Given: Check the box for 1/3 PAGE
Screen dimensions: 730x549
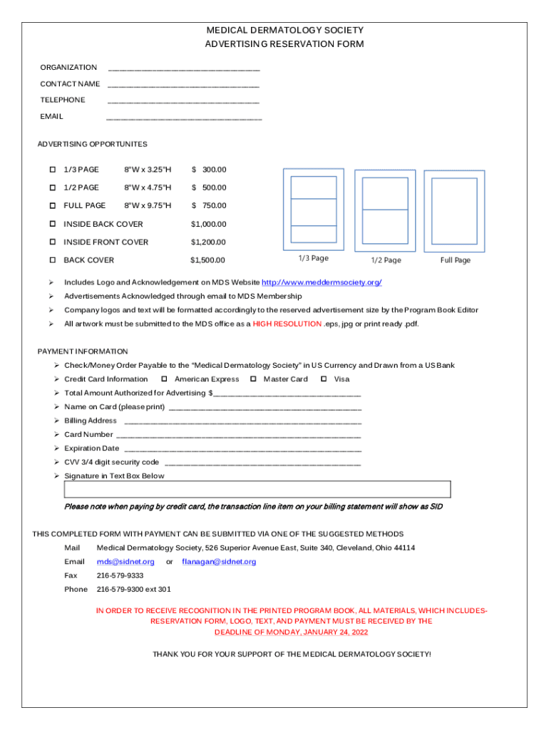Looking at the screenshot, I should tap(53, 170).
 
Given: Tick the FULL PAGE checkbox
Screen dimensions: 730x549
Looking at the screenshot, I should tap(53, 206).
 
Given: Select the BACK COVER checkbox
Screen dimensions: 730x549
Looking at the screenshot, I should tap(53, 260).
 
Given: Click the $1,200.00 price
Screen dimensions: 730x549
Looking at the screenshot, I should tap(208, 242).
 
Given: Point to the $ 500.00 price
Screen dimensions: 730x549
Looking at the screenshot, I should tap(209, 187).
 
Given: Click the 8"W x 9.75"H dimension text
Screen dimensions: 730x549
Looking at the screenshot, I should tap(148, 206).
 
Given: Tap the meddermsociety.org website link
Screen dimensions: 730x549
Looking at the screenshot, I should tap(322, 282).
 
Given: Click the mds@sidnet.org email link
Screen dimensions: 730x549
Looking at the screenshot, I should tap(125, 562).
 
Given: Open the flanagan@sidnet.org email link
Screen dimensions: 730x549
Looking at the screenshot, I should tap(219, 562).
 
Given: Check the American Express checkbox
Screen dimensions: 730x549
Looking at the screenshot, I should tap(164, 379).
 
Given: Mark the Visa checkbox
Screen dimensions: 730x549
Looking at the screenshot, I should tap(324, 379).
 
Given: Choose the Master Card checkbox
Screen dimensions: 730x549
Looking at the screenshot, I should tap(253, 379).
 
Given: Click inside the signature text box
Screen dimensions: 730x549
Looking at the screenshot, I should tap(257, 489).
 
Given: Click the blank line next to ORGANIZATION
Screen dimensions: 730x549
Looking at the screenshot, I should tap(183, 69).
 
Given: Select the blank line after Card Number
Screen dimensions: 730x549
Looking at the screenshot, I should tap(238, 435).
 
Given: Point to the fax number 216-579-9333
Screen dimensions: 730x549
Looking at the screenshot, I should tap(120, 575).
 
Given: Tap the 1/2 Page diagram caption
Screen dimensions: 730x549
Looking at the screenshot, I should tap(386, 260).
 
